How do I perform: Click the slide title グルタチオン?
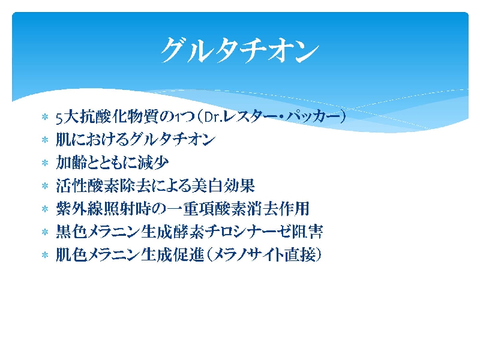pyautogui.click(x=239, y=50)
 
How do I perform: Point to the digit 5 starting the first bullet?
pyautogui.click(x=59, y=117)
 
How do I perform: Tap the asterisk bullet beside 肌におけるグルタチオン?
pyautogui.click(x=45, y=140)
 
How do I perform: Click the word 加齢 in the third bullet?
pyautogui.click(x=71, y=163)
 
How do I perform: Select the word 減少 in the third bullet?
pyautogui.click(x=153, y=163)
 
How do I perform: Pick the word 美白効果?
pyautogui.click(x=223, y=185)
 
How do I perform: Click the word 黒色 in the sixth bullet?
pyautogui.click(x=71, y=232)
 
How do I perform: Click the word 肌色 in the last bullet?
pyautogui.click(x=71, y=254)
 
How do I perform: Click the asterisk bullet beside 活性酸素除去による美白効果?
pyautogui.click(x=45, y=186)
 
